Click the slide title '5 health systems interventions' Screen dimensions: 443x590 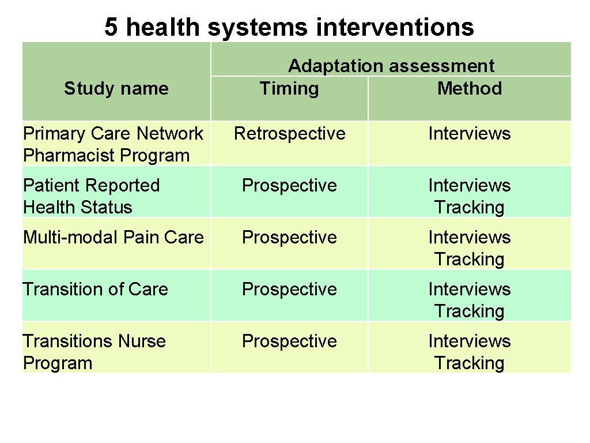[x=289, y=27]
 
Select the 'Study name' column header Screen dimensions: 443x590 [x=116, y=89]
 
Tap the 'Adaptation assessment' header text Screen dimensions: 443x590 [x=391, y=66]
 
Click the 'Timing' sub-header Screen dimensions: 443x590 [x=289, y=89]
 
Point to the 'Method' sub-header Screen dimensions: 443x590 [x=469, y=89]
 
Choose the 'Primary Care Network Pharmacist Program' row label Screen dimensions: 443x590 [x=113, y=144]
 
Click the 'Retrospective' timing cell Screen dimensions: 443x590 [x=289, y=134]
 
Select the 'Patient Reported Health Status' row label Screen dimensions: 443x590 [x=91, y=196]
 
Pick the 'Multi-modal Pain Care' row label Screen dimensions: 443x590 [x=113, y=238]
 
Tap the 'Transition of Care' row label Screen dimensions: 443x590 [x=95, y=289]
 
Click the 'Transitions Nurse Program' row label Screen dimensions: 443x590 [x=94, y=352]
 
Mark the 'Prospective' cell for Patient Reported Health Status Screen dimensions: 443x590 [x=289, y=186]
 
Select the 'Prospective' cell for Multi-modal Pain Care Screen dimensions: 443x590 [x=289, y=238]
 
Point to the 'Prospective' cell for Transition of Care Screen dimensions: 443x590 [x=289, y=289]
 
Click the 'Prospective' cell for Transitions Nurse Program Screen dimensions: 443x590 [x=289, y=341]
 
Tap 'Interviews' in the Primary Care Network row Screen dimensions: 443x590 [x=469, y=134]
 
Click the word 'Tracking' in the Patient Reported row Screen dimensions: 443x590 [x=469, y=208]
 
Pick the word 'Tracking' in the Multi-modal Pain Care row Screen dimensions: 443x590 [x=469, y=260]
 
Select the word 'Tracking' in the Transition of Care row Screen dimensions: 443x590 [x=469, y=311]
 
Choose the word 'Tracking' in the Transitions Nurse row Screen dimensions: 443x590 [x=469, y=363]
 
